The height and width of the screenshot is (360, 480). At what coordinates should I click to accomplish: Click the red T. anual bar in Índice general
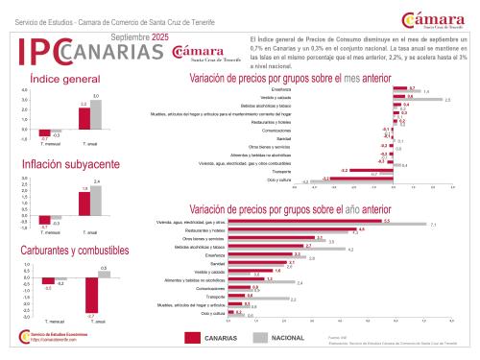(x=84, y=117)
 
